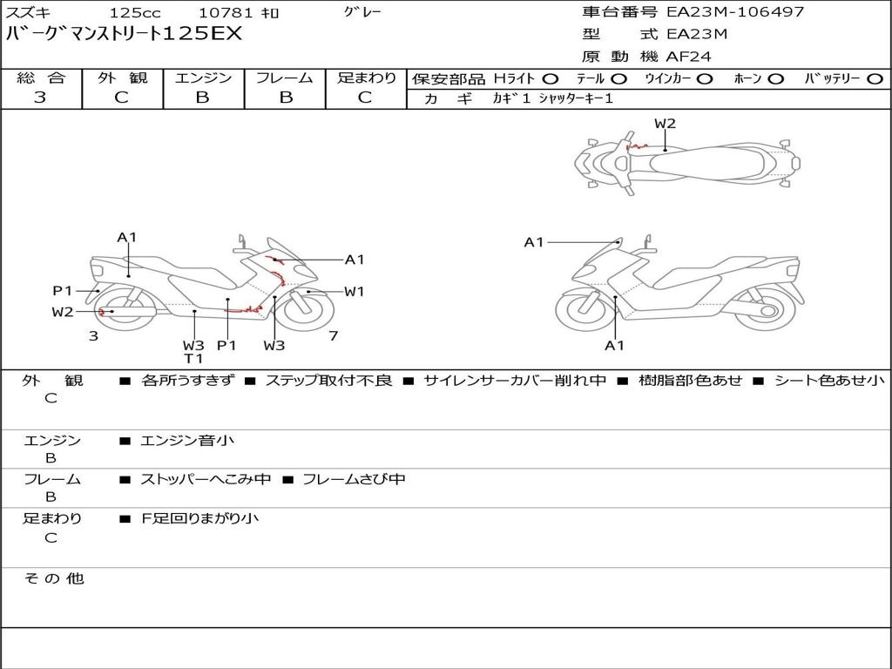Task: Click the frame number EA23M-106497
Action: point(735,11)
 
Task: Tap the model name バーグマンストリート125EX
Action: point(124,34)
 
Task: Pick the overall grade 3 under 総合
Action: point(40,97)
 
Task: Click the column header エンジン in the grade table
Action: point(203,78)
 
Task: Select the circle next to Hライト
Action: point(551,79)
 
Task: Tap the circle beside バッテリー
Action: point(875,79)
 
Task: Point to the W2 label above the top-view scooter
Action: point(665,124)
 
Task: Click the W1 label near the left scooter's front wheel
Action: point(354,292)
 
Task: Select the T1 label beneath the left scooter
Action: point(193,358)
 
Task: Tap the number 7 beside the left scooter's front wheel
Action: point(334,336)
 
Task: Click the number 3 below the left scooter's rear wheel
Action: point(93,336)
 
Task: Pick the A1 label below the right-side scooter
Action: point(614,345)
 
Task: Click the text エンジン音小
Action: point(187,440)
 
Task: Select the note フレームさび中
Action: point(354,479)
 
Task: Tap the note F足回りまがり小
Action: point(199,518)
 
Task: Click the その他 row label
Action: point(53,578)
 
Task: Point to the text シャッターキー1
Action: point(576,98)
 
